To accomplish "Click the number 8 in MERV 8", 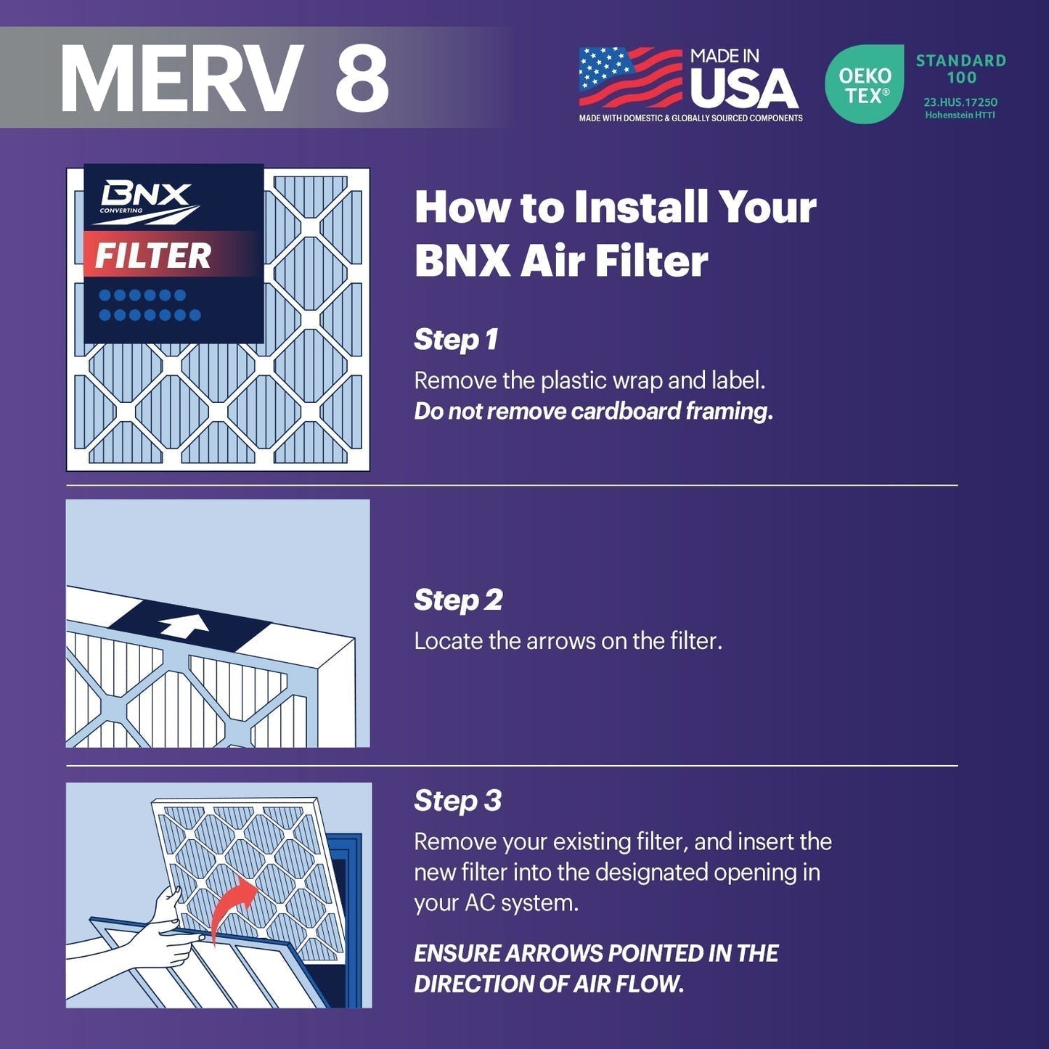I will click(x=362, y=78).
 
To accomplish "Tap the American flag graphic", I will click(x=630, y=77).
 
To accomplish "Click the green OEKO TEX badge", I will click(x=864, y=84).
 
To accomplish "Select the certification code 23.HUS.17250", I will click(x=960, y=102).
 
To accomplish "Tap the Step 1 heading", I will click(x=456, y=339).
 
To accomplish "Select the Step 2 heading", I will click(x=458, y=600).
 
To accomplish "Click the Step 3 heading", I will click(x=457, y=800).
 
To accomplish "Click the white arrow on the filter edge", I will click(x=184, y=625).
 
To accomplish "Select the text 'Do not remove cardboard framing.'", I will click(x=593, y=411).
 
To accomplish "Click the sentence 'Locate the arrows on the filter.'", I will click(x=568, y=641).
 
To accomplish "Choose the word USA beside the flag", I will click(x=743, y=89).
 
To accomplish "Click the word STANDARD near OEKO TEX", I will click(x=960, y=60).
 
